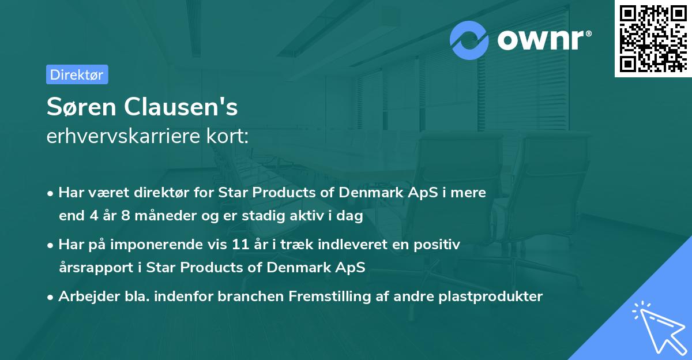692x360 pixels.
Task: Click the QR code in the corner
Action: (x=653, y=39)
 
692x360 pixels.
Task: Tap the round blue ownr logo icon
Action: (x=470, y=40)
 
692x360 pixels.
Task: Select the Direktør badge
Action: (x=77, y=74)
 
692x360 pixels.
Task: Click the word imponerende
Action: (x=167, y=245)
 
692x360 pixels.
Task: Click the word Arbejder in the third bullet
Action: (x=84, y=297)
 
